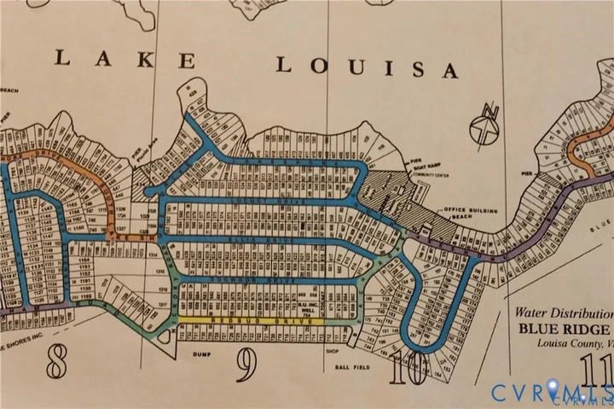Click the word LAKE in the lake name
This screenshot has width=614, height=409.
pyautogui.click(x=125, y=60)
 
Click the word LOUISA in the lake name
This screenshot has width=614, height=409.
pyautogui.click(x=366, y=67)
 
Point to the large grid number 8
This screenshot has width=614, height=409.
pyautogui.click(x=56, y=364)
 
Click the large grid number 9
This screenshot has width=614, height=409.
pyautogui.click(x=246, y=365)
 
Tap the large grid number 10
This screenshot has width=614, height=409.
pyautogui.click(x=407, y=370)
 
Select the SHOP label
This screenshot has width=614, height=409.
pyautogui.click(x=332, y=350)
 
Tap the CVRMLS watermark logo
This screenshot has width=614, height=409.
pyautogui.click(x=550, y=392)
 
